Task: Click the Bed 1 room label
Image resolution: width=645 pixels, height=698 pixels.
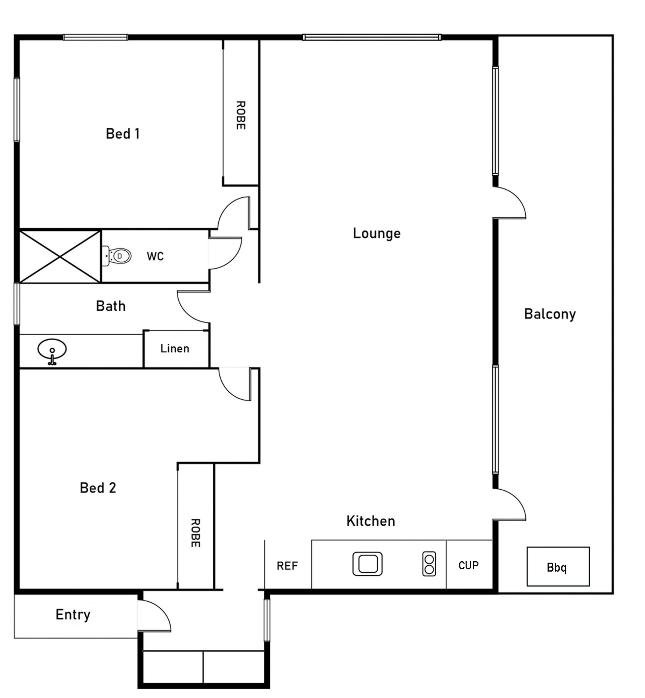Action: pyautogui.click(x=123, y=134)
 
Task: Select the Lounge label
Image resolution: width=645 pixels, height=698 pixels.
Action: pyautogui.click(x=377, y=233)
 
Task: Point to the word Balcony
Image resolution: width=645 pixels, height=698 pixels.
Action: pyautogui.click(x=550, y=314)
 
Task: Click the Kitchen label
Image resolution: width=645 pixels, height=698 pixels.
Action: pyautogui.click(x=371, y=521)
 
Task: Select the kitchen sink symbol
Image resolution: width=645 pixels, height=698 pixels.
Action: pyautogui.click(x=368, y=564)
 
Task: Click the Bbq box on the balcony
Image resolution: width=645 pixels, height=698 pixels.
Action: pyautogui.click(x=558, y=567)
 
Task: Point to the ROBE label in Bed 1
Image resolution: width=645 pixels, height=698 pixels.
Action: pyautogui.click(x=241, y=115)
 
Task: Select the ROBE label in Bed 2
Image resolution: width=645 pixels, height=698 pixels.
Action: pyautogui.click(x=195, y=533)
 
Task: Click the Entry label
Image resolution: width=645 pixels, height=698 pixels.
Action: pyautogui.click(x=73, y=615)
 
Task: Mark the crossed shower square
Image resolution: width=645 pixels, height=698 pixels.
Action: pyautogui.click(x=60, y=256)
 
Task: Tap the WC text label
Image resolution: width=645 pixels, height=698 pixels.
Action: pyautogui.click(x=155, y=257)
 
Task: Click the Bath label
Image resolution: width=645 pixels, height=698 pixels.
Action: pyautogui.click(x=111, y=306)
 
